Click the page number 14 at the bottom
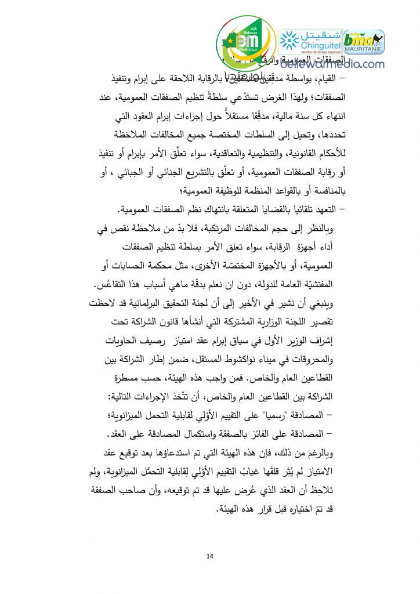point(209,557)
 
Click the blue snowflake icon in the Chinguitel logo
point(288,40)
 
